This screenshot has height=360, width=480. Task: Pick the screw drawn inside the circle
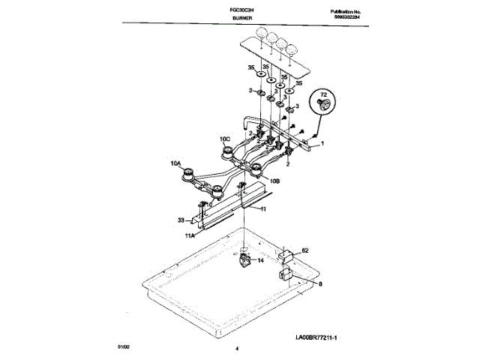[324, 108]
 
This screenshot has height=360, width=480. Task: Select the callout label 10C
[224, 139]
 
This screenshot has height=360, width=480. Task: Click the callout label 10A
[175, 163]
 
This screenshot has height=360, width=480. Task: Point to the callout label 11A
[190, 235]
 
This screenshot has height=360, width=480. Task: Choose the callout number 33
[181, 220]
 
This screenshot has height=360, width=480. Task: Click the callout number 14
[259, 260]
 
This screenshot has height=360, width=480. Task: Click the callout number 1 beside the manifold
[322, 142]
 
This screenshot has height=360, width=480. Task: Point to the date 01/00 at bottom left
[123, 347]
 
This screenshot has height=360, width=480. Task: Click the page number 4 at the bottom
[237, 349]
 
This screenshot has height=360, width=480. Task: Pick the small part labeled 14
[244, 259]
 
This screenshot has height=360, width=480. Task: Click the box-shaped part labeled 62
[286, 256]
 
